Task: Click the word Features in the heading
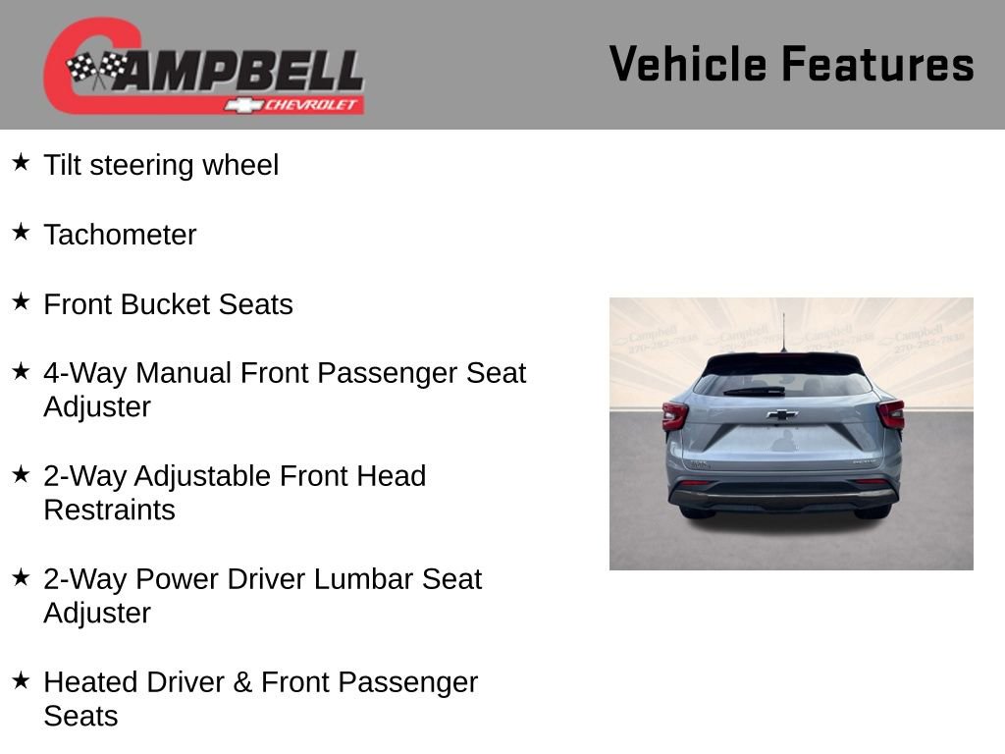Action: (877, 65)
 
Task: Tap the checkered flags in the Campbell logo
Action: (96, 70)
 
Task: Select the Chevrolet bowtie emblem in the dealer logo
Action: (241, 105)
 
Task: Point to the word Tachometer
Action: (120, 235)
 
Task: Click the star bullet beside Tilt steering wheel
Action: (21, 162)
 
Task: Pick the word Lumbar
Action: (364, 579)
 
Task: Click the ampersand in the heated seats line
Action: (242, 682)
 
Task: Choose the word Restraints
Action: (109, 511)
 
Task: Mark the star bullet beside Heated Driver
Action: (21, 680)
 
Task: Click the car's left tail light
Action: (674, 416)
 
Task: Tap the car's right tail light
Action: (891, 414)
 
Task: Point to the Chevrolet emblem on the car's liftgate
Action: (782, 414)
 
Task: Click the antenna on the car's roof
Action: (783, 332)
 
